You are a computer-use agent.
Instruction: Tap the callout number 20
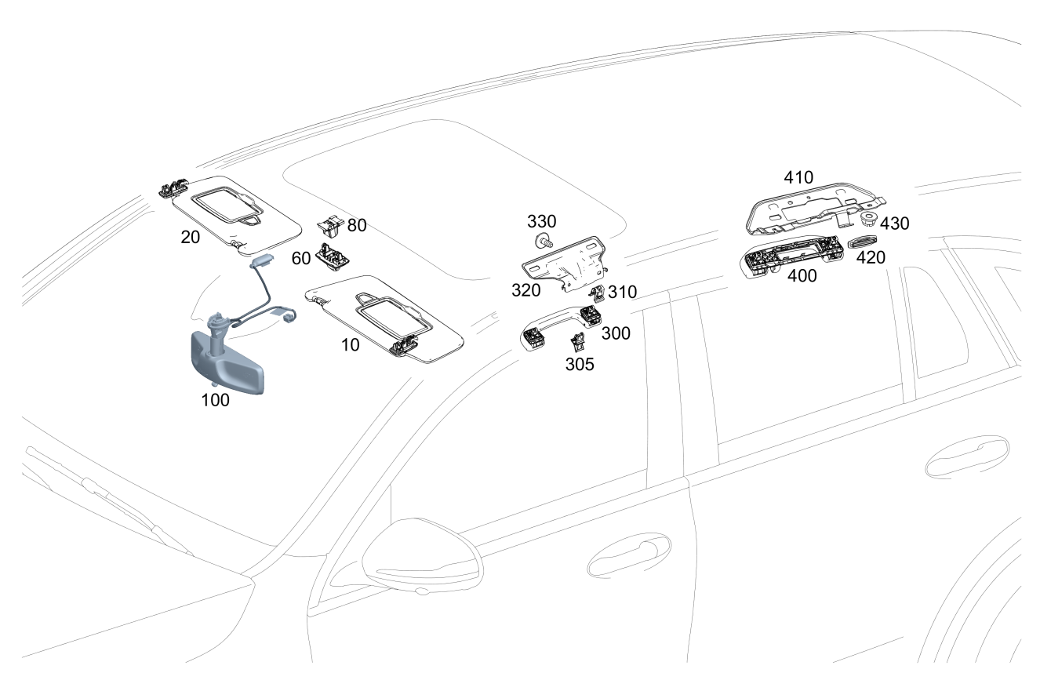(x=191, y=238)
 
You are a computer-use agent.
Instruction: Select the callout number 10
(x=351, y=344)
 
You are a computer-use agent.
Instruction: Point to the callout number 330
(x=542, y=220)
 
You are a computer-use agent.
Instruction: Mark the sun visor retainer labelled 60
(x=333, y=256)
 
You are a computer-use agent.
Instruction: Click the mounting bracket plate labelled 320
(x=566, y=261)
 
